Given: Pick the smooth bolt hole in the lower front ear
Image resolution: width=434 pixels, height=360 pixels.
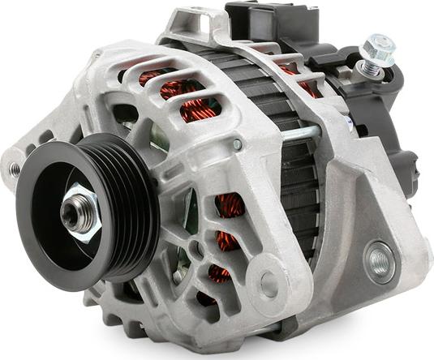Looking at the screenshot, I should (269, 284).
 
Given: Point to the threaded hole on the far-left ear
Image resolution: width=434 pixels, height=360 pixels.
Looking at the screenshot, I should (15, 169).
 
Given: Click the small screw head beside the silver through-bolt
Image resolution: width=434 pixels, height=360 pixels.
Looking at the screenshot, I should (237, 144).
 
